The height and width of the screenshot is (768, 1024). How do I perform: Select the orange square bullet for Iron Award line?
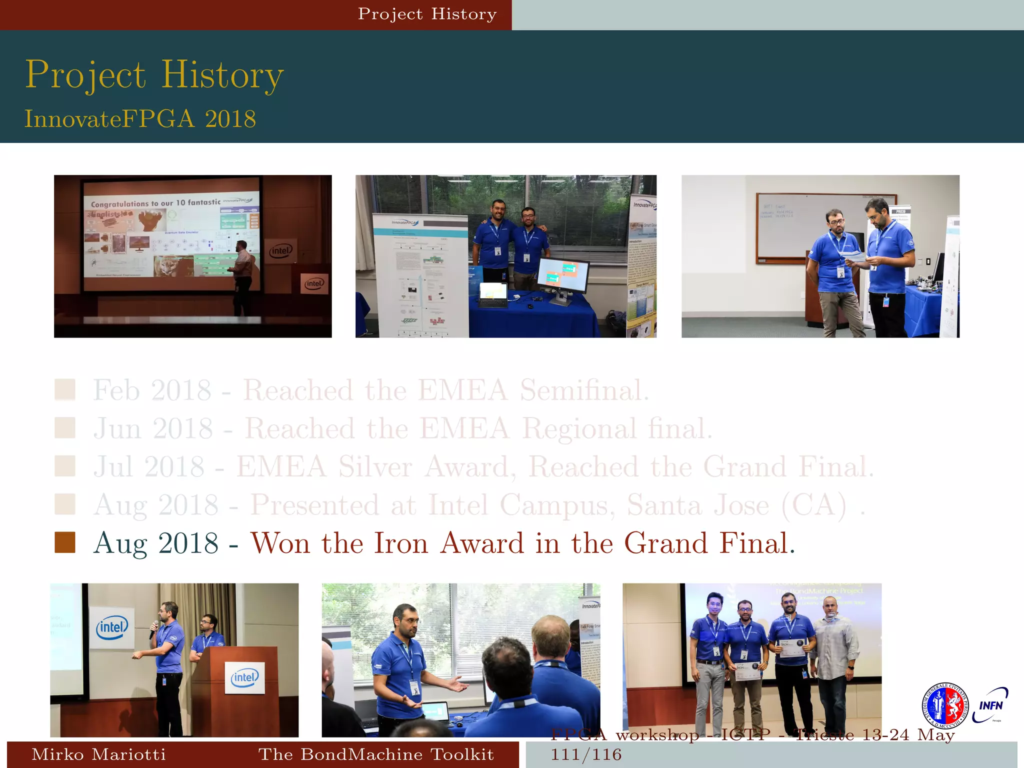pos(65,542)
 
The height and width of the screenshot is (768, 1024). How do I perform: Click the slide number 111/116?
pos(586,754)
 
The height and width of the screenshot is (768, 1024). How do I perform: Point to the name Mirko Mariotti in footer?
pos(98,754)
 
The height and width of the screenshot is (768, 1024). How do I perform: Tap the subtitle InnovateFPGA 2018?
pos(140,119)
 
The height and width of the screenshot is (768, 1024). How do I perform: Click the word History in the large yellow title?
pos(222,75)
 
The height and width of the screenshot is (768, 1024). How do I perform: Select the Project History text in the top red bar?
pos(427,14)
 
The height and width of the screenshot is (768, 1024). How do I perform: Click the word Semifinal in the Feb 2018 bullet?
pos(584,390)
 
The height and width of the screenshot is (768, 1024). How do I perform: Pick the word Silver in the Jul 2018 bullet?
pos(375,466)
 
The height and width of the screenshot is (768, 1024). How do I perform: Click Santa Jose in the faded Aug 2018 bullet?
pos(698,505)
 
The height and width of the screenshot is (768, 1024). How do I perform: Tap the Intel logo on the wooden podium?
pos(244,677)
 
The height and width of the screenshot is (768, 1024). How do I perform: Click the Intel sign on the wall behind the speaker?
pos(112,627)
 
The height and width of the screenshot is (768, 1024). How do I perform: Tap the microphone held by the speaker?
pos(153,629)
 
